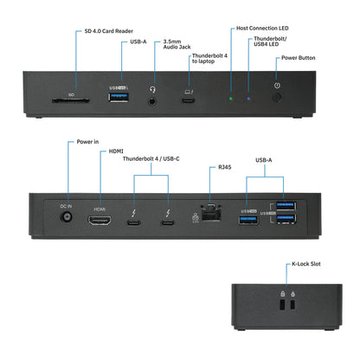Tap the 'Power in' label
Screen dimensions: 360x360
tap(88, 141)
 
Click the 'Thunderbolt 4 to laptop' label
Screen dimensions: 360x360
tap(209, 58)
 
